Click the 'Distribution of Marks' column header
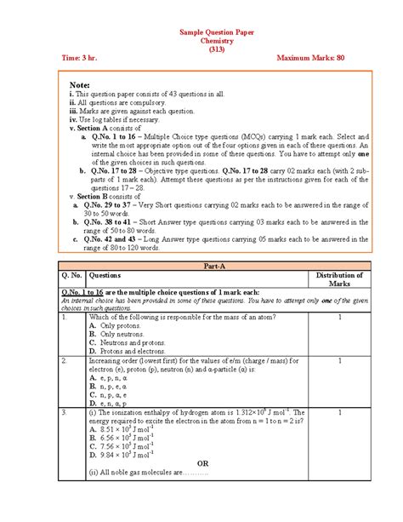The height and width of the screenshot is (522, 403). (x=340, y=279)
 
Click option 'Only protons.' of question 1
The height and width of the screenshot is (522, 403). (x=120, y=325)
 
